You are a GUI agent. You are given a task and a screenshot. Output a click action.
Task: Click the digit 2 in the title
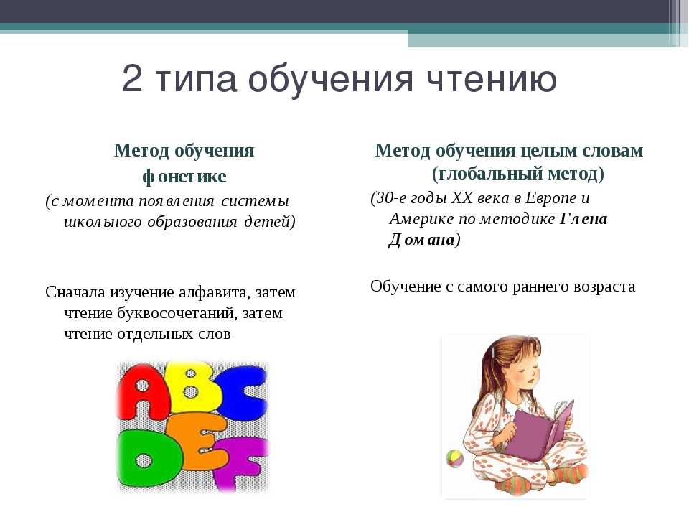coord(132,78)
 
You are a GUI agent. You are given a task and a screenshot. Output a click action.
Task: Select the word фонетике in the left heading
coord(184,177)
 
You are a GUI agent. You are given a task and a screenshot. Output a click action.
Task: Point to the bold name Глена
coord(583,218)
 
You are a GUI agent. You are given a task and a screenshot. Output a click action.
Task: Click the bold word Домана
coord(422,240)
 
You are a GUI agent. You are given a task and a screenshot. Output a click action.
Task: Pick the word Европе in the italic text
coord(551,198)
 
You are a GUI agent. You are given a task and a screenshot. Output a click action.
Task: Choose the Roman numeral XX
coord(461,198)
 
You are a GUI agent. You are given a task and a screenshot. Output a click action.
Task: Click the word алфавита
coord(215,292)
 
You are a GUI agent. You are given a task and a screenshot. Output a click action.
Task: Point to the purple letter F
coord(243,463)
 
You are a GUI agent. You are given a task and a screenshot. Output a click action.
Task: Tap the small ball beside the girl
coord(455,459)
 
